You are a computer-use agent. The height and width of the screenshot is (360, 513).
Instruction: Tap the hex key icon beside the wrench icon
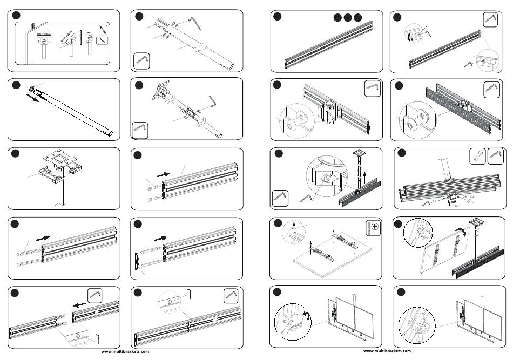[x=496, y=156]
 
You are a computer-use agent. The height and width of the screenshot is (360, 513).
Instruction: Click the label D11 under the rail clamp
[x=457, y=206]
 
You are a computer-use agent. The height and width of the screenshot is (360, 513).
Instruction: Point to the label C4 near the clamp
[x=464, y=197]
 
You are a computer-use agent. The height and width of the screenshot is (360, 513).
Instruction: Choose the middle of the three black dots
[x=347, y=17]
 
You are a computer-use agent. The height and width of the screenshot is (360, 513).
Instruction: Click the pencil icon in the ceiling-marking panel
[x=103, y=39]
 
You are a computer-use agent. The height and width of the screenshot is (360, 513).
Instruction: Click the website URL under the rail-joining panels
[x=125, y=351]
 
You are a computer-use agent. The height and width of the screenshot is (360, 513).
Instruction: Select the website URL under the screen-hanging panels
[x=387, y=351]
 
